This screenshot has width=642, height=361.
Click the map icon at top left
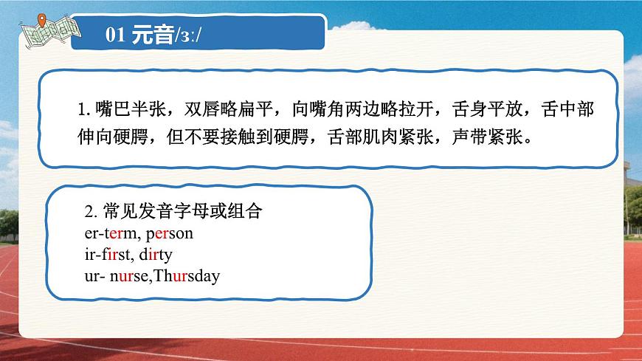pos(49,27)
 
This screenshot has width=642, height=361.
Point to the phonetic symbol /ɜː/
pos(187,36)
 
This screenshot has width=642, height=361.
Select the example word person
pos(170,234)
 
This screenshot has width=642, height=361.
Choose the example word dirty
pos(156,255)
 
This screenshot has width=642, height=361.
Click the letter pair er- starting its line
pos(94,234)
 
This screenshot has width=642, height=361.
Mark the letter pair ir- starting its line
pos(92,255)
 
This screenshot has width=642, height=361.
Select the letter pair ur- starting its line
pos(94,277)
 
